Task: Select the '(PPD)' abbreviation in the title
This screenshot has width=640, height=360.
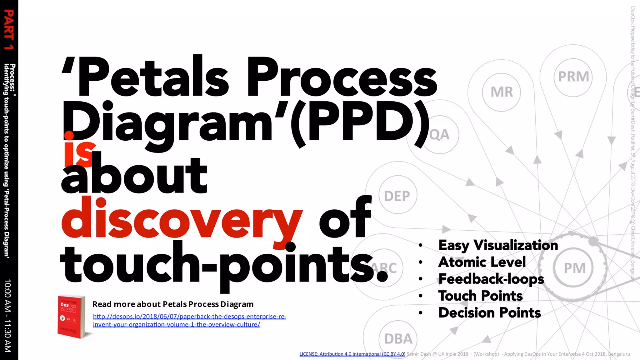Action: point(359,123)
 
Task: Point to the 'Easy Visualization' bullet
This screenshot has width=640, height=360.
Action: point(498,245)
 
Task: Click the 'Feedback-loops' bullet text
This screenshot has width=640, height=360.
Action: point(491,279)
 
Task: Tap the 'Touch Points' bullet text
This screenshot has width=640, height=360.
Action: point(480,296)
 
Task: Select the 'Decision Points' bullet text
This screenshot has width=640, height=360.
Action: point(489,312)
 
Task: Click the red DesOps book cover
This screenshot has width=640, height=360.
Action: point(71,316)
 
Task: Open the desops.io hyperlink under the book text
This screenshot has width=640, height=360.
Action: point(189,320)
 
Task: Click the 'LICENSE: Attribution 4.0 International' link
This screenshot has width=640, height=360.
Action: point(352,354)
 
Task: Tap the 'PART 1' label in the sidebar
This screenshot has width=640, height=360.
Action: point(9,30)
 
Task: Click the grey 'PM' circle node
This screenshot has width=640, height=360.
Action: point(574,268)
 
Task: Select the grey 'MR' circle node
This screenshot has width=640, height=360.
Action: point(501,92)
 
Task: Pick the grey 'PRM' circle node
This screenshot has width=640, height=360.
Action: point(573,77)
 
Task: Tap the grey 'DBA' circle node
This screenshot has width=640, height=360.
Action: point(398,339)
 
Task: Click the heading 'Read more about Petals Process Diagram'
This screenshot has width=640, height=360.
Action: point(173,304)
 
